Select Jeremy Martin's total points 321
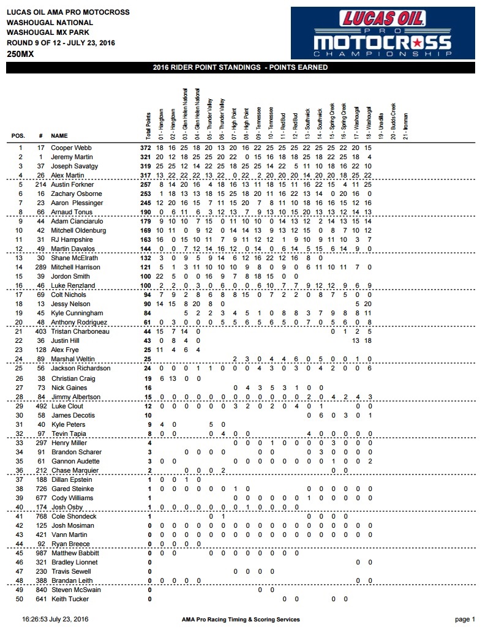145,157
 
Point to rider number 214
40,184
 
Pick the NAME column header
59,136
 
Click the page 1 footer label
465,619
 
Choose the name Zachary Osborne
73,193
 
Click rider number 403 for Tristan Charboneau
40,331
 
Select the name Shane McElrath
72,258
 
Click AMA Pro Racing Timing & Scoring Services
241,619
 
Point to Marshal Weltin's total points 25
146,359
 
